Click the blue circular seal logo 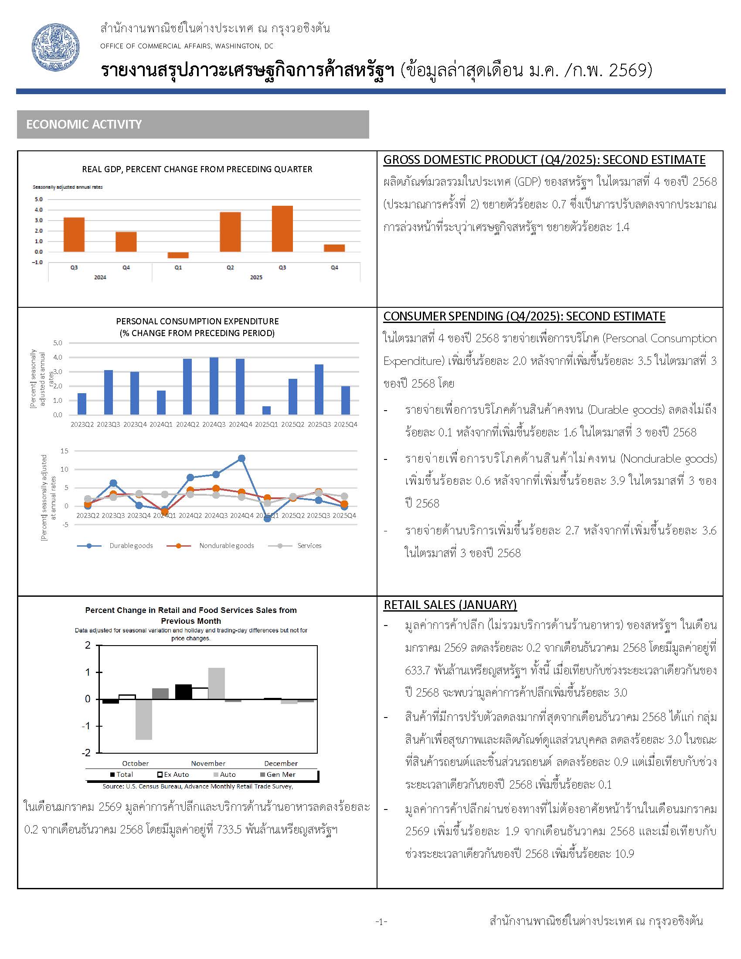point(56,48)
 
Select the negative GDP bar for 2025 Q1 point(178,255)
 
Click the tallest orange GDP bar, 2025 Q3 point(282,229)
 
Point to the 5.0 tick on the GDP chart point(39,199)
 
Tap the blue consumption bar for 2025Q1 point(266,410)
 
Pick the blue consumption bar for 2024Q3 point(214,386)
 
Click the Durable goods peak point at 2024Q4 point(241,459)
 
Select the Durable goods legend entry point(131,546)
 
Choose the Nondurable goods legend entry point(226,546)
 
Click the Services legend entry point(309,546)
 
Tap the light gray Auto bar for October point(144,719)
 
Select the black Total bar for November point(184,692)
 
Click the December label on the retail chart point(281,763)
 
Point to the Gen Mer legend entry point(281,775)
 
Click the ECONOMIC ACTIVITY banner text point(84,124)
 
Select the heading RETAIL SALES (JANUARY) point(450,605)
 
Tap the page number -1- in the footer point(381,921)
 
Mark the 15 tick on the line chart point(65,451)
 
